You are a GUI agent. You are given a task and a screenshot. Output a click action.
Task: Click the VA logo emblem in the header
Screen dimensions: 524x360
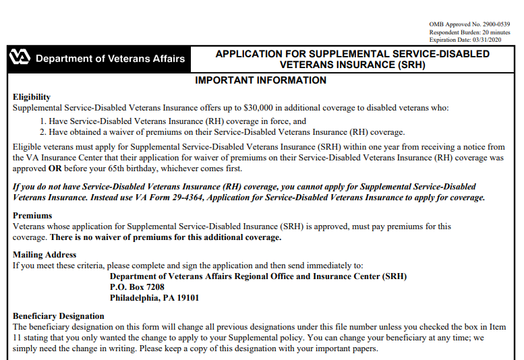(20, 58)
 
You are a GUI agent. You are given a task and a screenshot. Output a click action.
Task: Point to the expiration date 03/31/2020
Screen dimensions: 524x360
(489, 40)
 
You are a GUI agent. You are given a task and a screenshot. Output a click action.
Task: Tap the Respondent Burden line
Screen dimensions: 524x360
(469, 32)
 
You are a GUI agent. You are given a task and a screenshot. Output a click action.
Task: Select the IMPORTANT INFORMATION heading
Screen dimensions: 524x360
(260, 81)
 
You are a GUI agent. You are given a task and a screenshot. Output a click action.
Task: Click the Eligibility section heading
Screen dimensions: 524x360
(32, 97)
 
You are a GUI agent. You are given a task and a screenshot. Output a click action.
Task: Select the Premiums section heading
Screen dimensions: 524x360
(32, 216)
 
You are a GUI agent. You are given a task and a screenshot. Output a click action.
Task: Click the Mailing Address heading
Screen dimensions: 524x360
(45, 255)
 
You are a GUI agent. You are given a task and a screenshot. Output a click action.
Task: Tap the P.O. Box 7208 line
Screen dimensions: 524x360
(137, 287)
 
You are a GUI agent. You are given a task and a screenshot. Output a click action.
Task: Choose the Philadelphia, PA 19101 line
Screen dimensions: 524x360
(154, 298)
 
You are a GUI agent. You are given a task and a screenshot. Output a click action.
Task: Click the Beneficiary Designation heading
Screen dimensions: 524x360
(59, 316)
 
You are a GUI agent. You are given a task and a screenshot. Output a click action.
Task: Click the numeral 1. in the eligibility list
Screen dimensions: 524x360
(43, 121)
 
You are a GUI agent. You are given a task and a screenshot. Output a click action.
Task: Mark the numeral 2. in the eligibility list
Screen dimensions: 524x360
(43, 132)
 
